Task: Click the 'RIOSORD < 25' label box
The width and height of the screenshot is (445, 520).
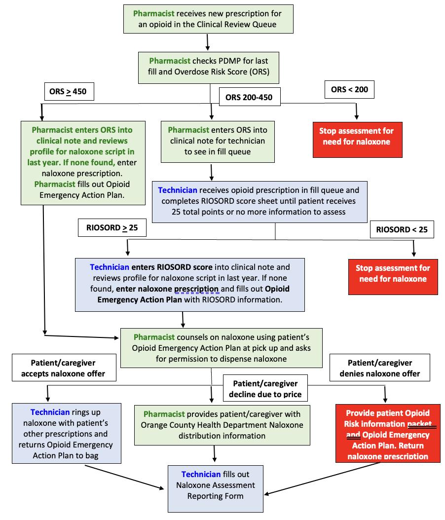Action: coord(402,229)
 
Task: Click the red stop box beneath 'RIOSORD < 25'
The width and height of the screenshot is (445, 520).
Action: coord(393,273)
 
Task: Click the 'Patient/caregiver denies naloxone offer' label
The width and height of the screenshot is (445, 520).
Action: coord(380,368)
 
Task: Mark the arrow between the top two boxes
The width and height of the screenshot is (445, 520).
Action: coord(208,42)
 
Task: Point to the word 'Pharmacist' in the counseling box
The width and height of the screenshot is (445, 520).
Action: coord(154,337)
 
